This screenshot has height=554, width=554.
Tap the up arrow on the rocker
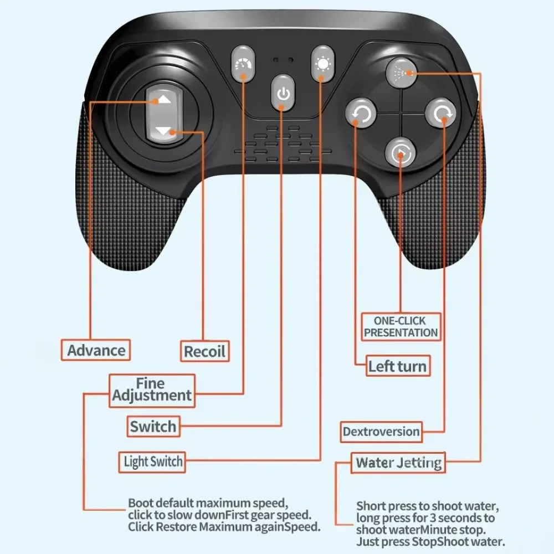point(164,100)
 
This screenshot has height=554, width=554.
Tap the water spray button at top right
point(402,72)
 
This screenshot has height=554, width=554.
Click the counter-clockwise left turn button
point(361,115)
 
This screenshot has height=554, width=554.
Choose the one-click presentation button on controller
point(401,153)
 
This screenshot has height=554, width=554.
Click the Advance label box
point(96,350)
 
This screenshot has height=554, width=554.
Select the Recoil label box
point(204,351)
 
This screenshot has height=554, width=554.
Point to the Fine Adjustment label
point(152,390)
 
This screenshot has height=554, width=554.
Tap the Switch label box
point(153,427)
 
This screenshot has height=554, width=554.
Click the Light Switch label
point(153,461)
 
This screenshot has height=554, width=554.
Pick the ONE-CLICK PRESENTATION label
point(401,327)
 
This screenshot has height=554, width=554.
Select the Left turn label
point(397,366)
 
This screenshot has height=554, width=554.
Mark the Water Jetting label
point(398,463)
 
